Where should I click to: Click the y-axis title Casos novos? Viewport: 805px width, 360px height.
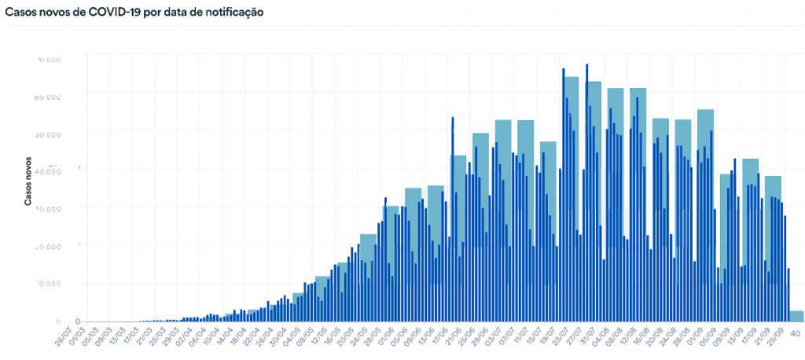point(28,180)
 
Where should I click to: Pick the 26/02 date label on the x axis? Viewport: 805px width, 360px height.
point(64,336)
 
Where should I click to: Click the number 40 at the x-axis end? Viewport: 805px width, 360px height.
point(796,333)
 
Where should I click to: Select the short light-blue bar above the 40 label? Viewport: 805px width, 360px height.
point(796,316)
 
